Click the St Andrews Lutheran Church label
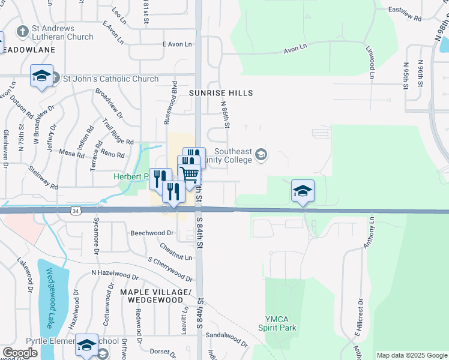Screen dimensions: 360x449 (63, 32)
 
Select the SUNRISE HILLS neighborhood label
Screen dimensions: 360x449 (221, 93)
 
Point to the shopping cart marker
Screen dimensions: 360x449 (189, 173)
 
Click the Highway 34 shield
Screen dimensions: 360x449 (75, 211)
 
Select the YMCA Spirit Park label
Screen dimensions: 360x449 (277, 323)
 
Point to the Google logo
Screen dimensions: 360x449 (19, 353)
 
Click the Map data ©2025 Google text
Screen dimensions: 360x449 (412, 355)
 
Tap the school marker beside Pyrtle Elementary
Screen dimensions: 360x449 (86, 344)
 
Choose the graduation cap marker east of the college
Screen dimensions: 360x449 (303, 191)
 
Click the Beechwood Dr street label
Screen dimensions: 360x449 (152, 232)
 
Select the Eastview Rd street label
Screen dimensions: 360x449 (406, 10)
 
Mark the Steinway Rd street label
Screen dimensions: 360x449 (42, 175)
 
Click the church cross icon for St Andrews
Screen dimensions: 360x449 (23, 31)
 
